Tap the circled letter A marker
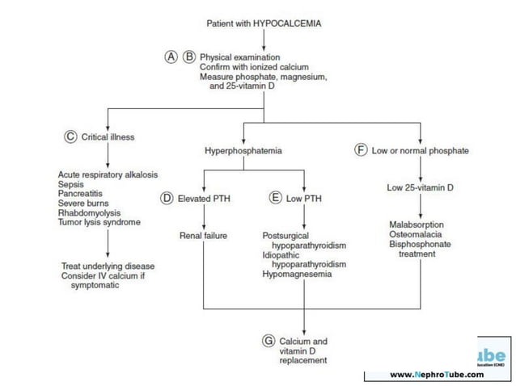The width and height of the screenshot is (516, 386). (x=171, y=57)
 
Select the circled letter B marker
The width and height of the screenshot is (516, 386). (x=189, y=57)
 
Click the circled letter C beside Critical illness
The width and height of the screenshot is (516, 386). (x=70, y=136)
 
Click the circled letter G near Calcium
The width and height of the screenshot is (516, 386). (x=269, y=341)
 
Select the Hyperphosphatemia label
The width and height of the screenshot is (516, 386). (x=243, y=151)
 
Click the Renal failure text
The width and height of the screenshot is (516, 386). (x=202, y=235)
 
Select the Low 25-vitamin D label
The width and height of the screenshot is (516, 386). (x=420, y=187)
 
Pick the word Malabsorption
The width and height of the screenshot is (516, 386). (x=416, y=224)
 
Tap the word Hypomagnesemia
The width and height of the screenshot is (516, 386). (x=297, y=274)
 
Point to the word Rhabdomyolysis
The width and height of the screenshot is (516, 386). (x=89, y=213)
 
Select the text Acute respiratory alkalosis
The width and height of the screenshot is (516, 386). (x=108, y=174)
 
